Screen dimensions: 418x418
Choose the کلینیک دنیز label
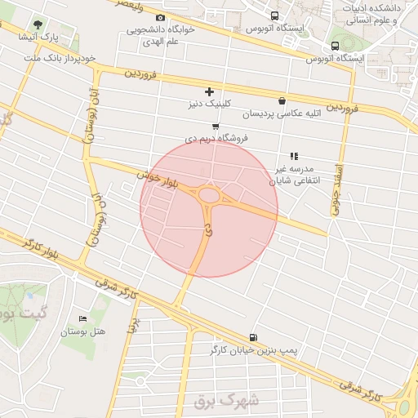(209, 104)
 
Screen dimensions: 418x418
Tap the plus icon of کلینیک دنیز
(209, 91)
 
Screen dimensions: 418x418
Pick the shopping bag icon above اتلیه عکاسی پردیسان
(282, 101)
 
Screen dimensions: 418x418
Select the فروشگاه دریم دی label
(216, 139)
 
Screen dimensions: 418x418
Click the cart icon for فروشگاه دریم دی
(215, 126)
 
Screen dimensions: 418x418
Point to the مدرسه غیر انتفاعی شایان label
(294, 173)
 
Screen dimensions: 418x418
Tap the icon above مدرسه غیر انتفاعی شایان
(294, 155)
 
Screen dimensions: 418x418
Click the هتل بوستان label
(83, 331)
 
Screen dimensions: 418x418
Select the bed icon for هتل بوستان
(82, 318)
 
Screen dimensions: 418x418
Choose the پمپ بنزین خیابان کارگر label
(251, 349)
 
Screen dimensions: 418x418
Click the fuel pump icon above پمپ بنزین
(251, 337)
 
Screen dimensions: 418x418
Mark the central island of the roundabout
(210, 196)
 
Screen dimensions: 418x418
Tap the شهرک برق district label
(226, 402)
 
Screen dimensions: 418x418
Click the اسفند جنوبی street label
(335, 189)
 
